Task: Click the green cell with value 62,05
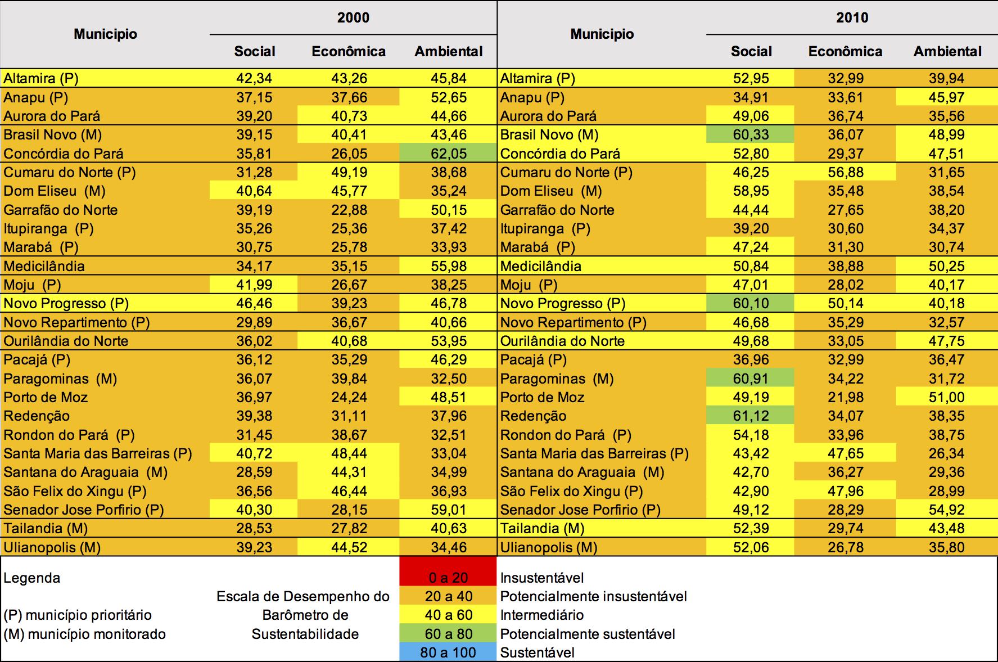pyautogui.click(x=448, y=154)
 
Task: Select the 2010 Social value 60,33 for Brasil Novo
pyautogui.click(x=751, y=135)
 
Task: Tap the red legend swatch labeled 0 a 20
pyautogui.click(x=448, y=577)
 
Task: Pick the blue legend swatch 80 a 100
pyautogui.click(x=448, y=652)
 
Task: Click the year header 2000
pyautogui.click(x=353, y=17)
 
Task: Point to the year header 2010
pyautogui.click(x=852, y=17)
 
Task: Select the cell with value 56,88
pyautogui.click(x=845, y=172)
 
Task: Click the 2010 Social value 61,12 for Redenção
pyautogui.click(x=751, y=416)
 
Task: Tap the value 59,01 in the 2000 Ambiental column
pyautogui.click(x=448, y=510)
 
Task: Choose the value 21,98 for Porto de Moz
pyautogui.click(x=845, y=397)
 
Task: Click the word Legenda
pyautogui.click(x=31, y=578)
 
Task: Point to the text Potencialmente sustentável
pyautogui.click(x=588, y=634)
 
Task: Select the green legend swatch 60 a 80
pyautogui.click(x=448, y=634)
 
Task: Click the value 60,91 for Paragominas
pyautogui.click(x=751, y=379)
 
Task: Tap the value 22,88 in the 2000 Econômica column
pyautogui.click(x=349, y=210)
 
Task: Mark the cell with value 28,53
pyautogui.click(x=254, y=528)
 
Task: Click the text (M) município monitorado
pyautogui.click(x=85, y=634)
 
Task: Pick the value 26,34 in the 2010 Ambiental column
pyautogui.click(x=946, y=453)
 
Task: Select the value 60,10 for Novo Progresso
pyautogui.click(x=751, y=304)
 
